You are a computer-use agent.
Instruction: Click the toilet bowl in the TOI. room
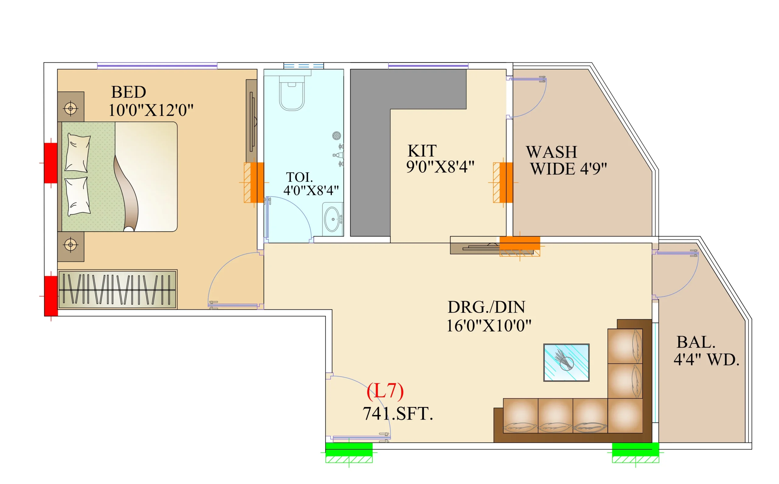tap(292, 93)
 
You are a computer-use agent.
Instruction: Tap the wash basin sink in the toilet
tap(333, 219)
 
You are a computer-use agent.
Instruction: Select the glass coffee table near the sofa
tap(566, 363)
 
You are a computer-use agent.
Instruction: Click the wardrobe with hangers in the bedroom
tap(117, 290)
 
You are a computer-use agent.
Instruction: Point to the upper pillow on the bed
tap(78, 153)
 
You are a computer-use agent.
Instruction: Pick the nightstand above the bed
tap(71, 107)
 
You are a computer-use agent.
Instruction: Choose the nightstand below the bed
tap(71, 247)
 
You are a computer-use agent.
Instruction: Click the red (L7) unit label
tap(385, 391)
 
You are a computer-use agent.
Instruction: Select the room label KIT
tap(422, 150)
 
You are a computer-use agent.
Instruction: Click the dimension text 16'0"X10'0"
tap(489, 326)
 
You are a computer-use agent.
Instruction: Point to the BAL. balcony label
tap(696, 342)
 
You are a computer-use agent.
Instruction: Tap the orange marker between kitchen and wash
tap(506, 182)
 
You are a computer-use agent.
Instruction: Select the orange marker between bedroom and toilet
tap(257, 182)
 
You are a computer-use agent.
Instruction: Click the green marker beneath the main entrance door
tap(349, 449)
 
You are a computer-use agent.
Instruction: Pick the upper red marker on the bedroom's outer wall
tap(51, 163)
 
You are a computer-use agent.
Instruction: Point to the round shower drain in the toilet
tap(336, 136)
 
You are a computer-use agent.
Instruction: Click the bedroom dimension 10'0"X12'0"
tap(151, 110)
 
